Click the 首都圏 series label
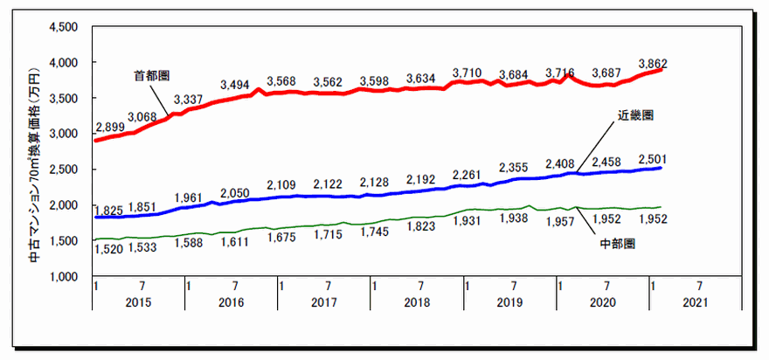click(149, 75)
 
